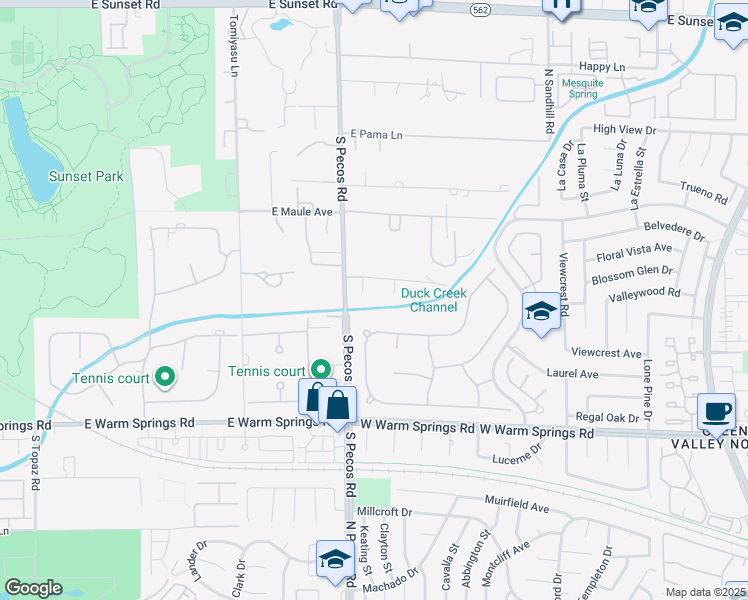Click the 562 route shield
pyautogui.click(x=480, y=8)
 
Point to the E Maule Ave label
pyautogui.click(x=302, y=212)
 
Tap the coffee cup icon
pyautogui.click(x=716, y=412)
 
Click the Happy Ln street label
pyautogui.click(x=602, y=66)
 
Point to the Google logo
pyautogui.click(x=33, y=588)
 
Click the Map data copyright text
pyautogui.click(x=706, y=592)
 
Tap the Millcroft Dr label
pyautogui.click(x=384, y=512)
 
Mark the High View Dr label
pyautogui.click(x=624, y=130)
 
